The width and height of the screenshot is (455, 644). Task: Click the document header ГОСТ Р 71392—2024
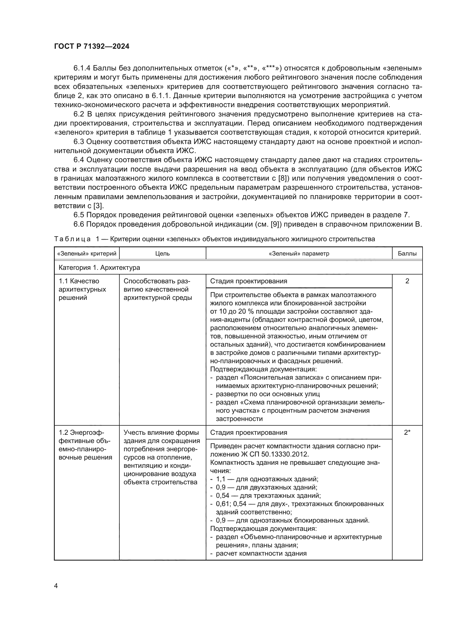pyautogui.click(x=92, y=47)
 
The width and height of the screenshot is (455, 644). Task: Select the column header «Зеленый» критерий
pyautogui.click(x=87, y=254)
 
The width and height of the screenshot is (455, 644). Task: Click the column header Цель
pyautogui.click(x=163, y=254)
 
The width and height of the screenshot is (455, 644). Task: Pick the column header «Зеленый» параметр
pyautogui.click(x=299, y=254)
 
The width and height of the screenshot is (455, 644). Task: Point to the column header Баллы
pyautogui.click(x=407, y=254)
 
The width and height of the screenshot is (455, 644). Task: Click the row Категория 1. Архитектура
pyautogui.click(x=99, y=268)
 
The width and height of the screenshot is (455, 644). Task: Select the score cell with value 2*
pyautogui.click(x=407, y=433)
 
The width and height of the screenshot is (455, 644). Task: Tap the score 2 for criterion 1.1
pyautogui.click(x=407, y=281)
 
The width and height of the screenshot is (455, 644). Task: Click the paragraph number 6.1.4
pyautogui.click(x=82, y=68)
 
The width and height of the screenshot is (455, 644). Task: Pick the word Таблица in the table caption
pyautogui.click(x=72, y=239)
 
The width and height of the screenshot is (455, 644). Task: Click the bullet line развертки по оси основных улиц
pyautogui.click(x=268, y=394)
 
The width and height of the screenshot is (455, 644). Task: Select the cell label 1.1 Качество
pyautogui.click(x=79, y=281)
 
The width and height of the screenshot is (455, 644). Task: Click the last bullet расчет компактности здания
pyautogui.click(x=261, y=553)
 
